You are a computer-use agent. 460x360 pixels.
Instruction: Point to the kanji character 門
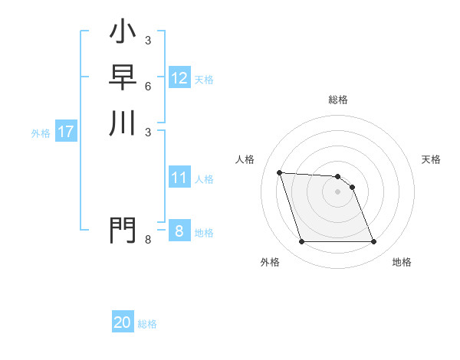[x=123, y=230]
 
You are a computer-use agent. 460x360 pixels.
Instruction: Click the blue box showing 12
[x=179, y=78]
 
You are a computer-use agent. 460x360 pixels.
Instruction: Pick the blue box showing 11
[x=179, y=178]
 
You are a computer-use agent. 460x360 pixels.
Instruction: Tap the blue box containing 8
[x=179, y=231]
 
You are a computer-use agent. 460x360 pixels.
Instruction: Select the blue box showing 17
[x=66, y=132]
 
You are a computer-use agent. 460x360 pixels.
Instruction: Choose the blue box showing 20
[x=123, y=322]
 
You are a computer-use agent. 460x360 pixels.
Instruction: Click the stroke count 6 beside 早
[x=147, y=87]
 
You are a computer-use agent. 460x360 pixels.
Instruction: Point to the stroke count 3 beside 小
[x=147, y=41]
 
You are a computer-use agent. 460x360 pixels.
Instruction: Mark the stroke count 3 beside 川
[x=147, y=132]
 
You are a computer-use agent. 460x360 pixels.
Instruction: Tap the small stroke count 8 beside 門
[x=147, y=240]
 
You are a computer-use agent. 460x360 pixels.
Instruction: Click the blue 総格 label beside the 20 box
[x=147, y=324]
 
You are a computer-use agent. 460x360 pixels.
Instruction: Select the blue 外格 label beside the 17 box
[x=41, y=133]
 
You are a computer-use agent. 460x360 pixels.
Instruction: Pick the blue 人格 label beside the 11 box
[x=204, y=179]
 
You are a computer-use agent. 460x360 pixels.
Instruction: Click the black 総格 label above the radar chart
[x=338, y=100]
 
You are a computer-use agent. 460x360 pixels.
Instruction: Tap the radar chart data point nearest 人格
[x=280, y=172]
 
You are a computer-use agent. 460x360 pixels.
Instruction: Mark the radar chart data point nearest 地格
[x=373, y=242]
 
